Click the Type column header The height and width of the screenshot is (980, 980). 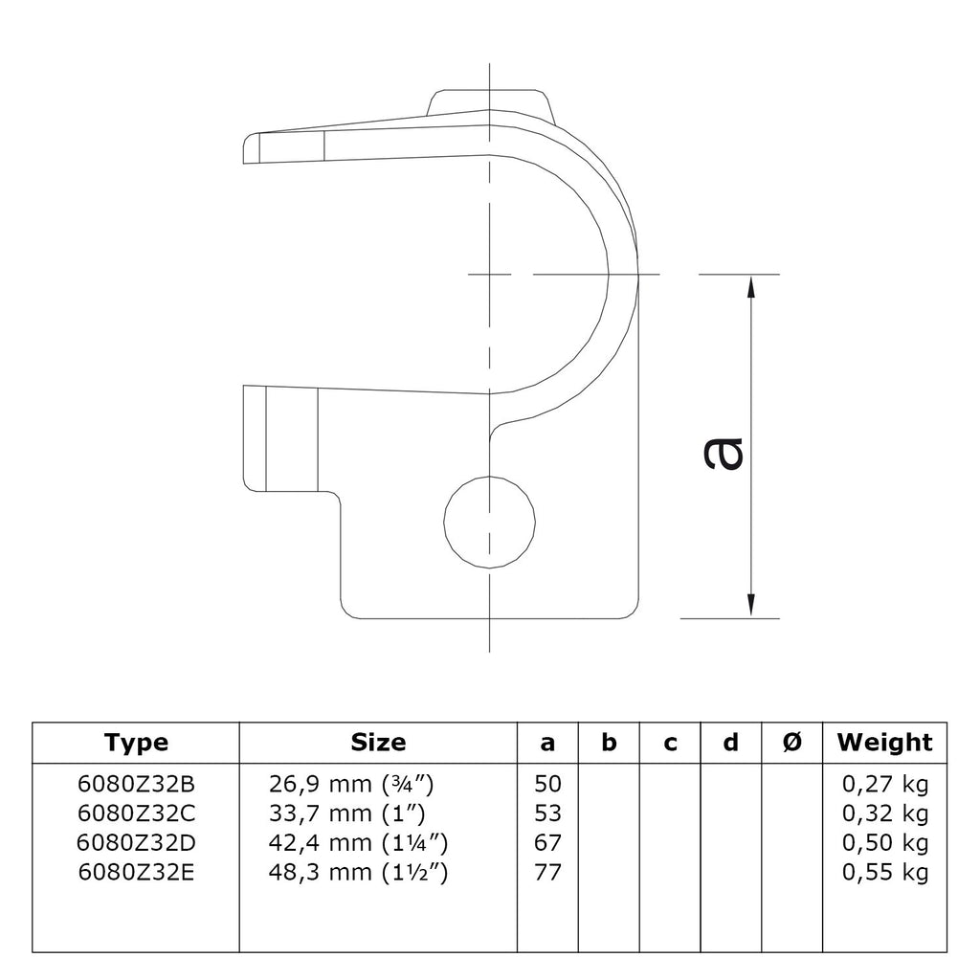pyautogui.click(x=136, y=743)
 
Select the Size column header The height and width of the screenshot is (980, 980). pyautogui.click(x=378, y=742)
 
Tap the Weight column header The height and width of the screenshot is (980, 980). pyautogui.click(x=884, y=743)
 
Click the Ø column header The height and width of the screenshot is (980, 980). pyautogui.click(x=791, y=743)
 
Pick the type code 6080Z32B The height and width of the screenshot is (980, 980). pyautogui.click(x=136, y=784)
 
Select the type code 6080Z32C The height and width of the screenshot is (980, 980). pyautogui.click(x=136, y=813)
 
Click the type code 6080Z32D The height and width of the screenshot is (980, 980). pyautogui.click(x=136, y=842)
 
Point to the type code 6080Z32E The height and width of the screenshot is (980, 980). pyautogui.click(x=136, y=872)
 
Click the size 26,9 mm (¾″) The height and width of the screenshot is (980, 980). pyautogui.click(x=351, y=784)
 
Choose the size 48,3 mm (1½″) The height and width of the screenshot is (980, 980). pyautogui.click(x=358, y=872)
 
